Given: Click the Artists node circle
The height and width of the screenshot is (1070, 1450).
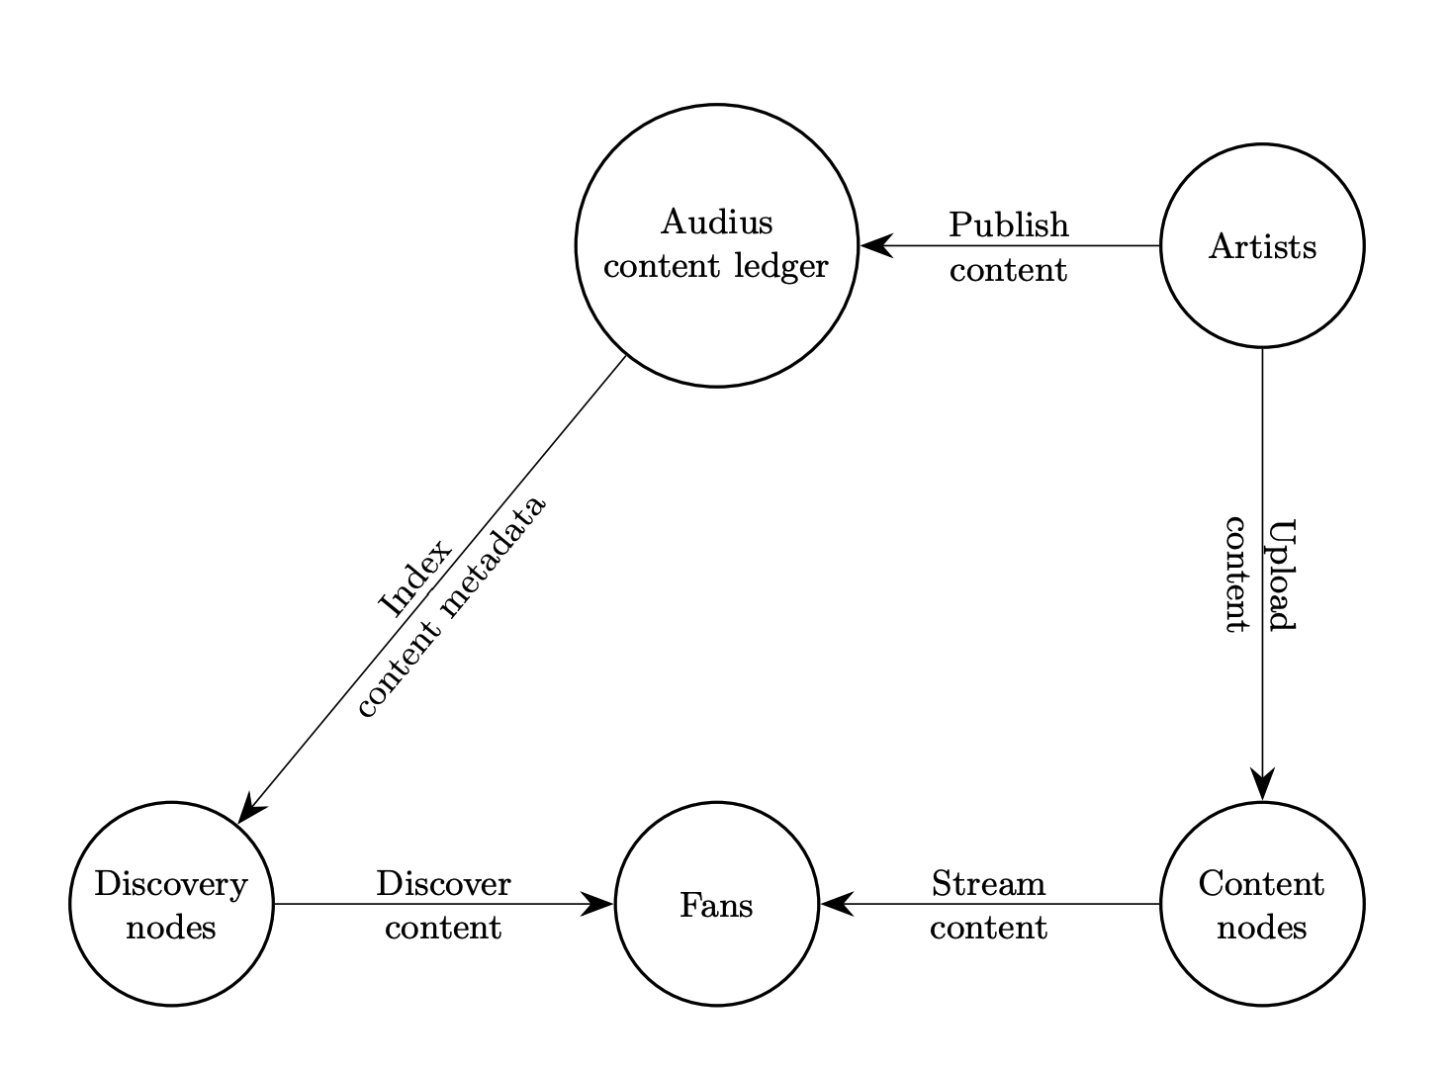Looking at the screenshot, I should pos(1261,246).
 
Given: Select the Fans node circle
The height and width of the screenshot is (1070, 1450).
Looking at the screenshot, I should pos(716,905).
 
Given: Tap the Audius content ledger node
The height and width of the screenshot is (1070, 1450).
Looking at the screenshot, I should pos(716,245).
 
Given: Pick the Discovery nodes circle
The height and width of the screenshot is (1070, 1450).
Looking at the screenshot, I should pos(171,905).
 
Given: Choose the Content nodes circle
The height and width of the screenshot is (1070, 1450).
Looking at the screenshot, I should pos(1261,905).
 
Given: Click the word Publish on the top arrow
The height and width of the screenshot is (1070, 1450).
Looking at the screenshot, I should pos(1008,225).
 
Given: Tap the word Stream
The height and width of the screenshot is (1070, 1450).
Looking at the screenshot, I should pos(988,883).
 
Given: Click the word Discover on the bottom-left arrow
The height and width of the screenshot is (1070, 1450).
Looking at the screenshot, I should pos(443,883).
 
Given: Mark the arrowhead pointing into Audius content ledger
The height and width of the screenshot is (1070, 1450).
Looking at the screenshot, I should pos(876,246).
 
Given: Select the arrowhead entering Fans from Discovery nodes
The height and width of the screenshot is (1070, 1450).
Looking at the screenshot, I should pos(597,904).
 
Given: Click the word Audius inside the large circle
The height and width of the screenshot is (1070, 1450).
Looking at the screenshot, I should pos(716,223).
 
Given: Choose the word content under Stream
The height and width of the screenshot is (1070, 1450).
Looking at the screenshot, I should pos(988,928).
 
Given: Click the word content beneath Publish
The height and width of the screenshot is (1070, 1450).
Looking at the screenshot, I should pos(1008,270).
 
